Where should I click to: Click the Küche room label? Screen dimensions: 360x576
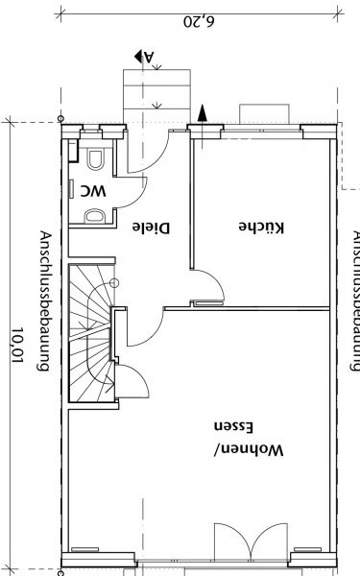(261, 227)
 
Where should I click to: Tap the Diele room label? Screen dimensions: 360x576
(151, 228)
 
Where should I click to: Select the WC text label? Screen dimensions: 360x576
(93, 191)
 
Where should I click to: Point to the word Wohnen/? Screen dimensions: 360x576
(249, 450)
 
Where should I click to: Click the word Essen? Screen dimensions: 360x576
(233, 427)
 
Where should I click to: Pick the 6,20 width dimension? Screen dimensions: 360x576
(199, 21)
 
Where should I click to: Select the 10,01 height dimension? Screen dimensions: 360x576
(17, 345)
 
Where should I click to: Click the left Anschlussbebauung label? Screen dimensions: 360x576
(44, 300)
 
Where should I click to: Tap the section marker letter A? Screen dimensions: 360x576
(149, 57)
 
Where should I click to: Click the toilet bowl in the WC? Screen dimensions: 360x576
(95, 159)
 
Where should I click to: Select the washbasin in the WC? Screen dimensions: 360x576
(94, 216)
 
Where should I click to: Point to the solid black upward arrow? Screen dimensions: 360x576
(202, 113)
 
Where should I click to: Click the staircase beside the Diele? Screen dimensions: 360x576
(92, 333)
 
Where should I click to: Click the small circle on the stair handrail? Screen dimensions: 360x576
(114, 283)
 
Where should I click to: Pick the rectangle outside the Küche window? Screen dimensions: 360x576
(264, 114)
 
